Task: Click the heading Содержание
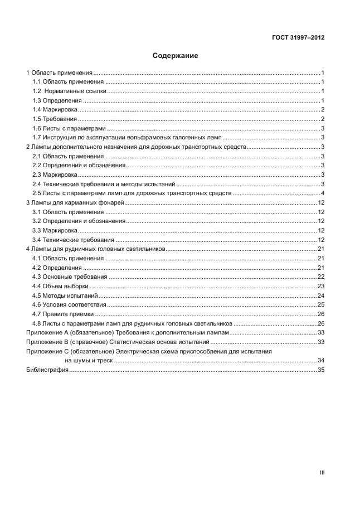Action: click(x=176, y=56)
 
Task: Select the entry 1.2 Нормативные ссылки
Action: click(x=69, y=91)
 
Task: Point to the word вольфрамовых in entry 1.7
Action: click(x=148, y=137)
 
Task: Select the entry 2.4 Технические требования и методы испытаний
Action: click(x=104, y=184)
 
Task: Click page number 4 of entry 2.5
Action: click(x=323, y=193)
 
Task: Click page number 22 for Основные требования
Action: click(x=321, y=277)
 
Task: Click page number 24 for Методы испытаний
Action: click(x=321, y=295)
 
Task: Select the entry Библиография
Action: click(x=47, y=370)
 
